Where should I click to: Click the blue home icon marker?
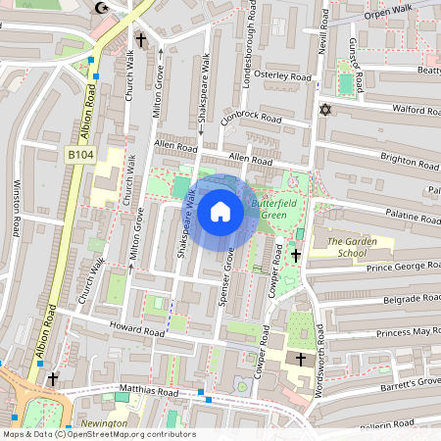click(220, 211)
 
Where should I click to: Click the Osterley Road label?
click(282, 75)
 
